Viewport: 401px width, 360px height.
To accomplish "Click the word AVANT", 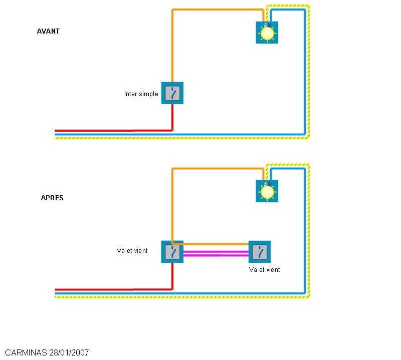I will tap(48, 31).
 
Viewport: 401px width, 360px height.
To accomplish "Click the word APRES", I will tap(52, 198).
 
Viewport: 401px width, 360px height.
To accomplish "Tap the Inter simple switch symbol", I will tap(172, 93).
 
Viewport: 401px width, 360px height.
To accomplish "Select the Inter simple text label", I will tap(141, 94).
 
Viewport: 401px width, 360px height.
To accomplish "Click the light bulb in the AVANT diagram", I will tap(267, 33).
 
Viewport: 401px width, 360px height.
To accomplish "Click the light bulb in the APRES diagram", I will tap(267, 191).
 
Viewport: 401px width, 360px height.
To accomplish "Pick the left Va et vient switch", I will tap(172, 252).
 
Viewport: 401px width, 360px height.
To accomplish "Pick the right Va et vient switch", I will tap(260, 252).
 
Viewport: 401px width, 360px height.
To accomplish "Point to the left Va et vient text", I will tap(132, 250).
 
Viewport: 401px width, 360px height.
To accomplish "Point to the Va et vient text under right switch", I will tap(264, 269).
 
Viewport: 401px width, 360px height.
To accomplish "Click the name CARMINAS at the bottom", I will tap(26, 352).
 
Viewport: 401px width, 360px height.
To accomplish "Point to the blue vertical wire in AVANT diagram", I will tap(304, 75).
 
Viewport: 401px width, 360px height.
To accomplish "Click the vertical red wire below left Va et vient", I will tap(172, 275).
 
